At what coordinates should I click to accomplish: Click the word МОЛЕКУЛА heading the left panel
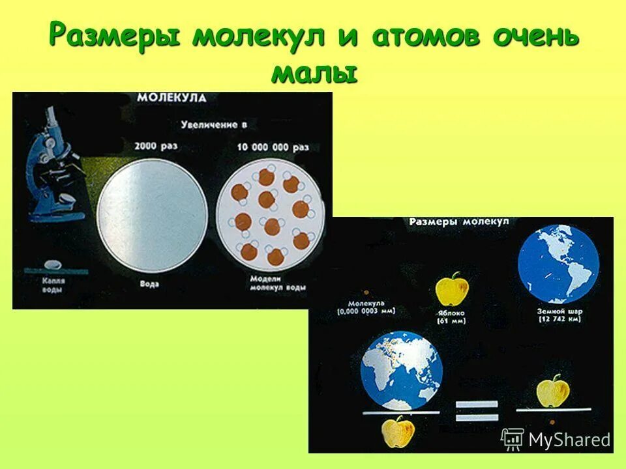pos(171,98)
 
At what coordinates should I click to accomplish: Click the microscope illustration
pos(52,175)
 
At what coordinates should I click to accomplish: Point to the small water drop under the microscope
pos(52,265)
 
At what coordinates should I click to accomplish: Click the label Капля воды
pos(50,284)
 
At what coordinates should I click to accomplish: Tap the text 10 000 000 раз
pos(272,147)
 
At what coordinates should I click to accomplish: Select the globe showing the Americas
pos(558,264)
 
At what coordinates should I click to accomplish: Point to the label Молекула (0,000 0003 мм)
pos(366,307)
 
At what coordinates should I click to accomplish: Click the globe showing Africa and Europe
pos(402,369)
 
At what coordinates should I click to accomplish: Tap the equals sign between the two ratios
pos(477,412)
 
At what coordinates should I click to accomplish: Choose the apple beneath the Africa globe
pos(400,431)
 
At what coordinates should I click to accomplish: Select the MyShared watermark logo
pos(556,440)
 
